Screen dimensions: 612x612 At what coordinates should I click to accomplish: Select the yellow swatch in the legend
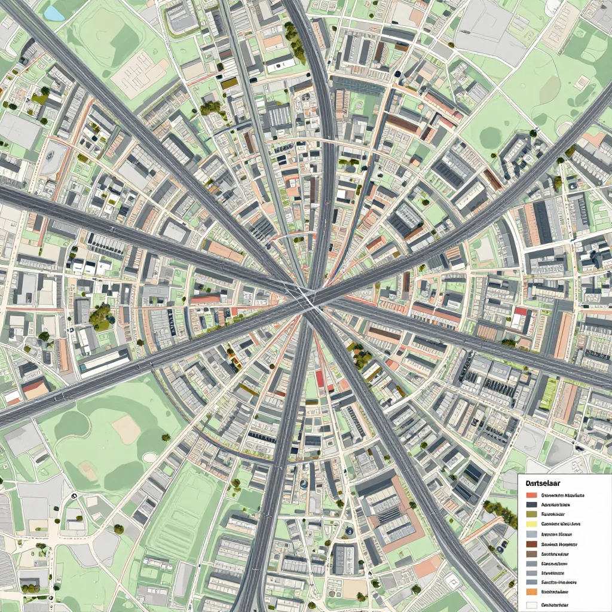[531, 524]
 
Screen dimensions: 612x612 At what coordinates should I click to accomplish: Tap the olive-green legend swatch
[531, 514]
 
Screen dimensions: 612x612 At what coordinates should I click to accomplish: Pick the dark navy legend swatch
[531, 504]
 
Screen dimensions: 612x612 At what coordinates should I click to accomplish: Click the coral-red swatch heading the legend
[531, 495]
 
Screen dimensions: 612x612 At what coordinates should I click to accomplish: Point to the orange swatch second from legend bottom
[531, 592]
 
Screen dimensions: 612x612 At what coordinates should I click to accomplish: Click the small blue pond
[54, 13]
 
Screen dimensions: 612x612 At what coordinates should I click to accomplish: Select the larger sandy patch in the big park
[126, 429]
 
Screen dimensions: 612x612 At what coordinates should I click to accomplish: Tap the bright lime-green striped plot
[548, 394]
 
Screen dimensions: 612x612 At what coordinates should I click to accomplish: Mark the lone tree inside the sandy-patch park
[166, 437]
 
